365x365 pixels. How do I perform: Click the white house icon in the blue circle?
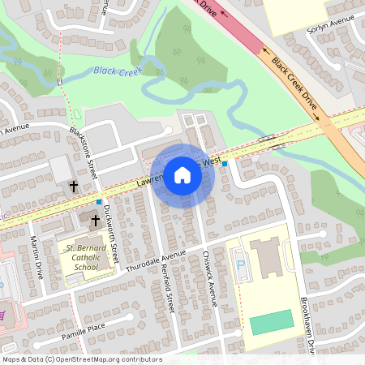[182, 174]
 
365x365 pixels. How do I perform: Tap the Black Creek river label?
[117, 71]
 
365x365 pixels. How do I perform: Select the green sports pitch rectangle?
[271, 322]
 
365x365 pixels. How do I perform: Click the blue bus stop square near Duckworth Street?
[99, 202]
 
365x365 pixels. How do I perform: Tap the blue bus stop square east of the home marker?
[225, 164]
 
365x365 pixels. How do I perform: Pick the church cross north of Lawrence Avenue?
[74, 186]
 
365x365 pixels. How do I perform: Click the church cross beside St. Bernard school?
[94, 219]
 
